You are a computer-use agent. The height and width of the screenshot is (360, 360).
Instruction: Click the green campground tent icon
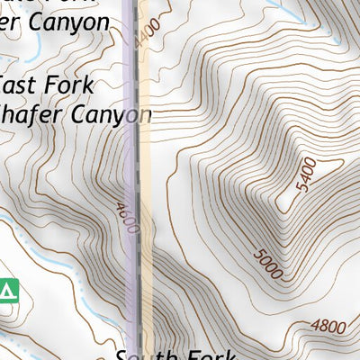pos(8,290)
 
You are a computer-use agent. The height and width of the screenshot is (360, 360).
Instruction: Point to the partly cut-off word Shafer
pos(31,114)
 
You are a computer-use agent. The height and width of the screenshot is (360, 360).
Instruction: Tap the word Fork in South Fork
pos(212,352)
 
